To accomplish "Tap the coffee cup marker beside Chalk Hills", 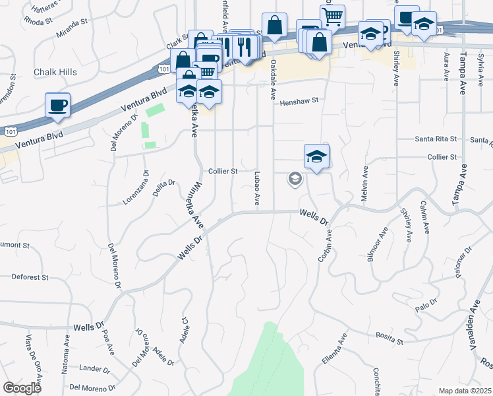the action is coord(57,106).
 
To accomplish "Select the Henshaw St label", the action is coord(299,102).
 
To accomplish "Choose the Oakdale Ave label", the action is coord(272,79).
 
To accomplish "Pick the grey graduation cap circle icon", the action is coord(295,179).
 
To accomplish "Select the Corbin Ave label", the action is coord(324,246).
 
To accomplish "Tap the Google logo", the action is coord(22,387).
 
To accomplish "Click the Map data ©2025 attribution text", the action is coord(465,391).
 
